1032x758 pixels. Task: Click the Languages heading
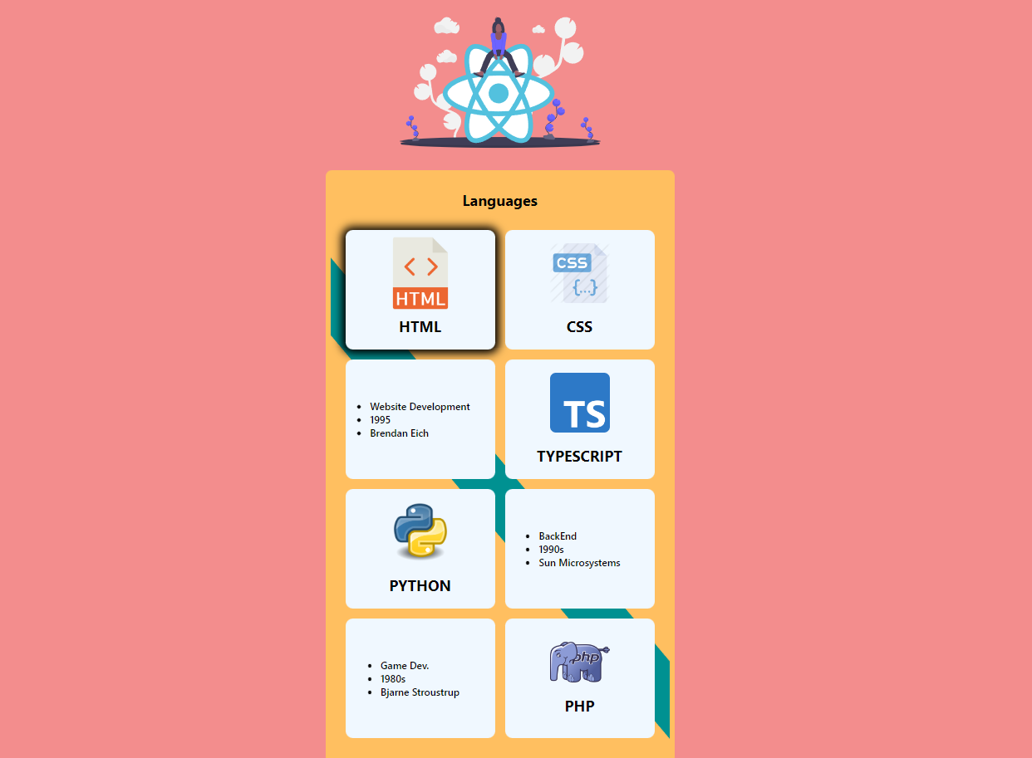click(500, 201)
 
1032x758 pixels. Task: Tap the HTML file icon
click(420, 273)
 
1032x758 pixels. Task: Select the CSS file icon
click(579, 273)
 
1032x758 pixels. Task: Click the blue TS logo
click(580, 403)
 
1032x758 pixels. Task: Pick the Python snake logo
click(420, 531)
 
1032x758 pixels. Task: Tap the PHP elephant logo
click(579, 662)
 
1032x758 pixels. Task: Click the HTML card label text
click(420, 327)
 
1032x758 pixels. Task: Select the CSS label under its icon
click(579, 327)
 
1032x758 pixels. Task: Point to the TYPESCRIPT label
click(579, 457)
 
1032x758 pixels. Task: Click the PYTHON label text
click(420, 586)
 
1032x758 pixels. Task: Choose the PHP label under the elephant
click(579, 707)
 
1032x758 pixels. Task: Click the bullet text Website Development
click(420, 407)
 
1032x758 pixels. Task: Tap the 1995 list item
click(381, 420)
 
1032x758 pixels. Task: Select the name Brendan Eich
click(400, 433)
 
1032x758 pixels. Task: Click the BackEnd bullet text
click(558, 536)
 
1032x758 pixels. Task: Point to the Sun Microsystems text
click(579, 563)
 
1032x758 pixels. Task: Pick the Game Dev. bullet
click(405, 666)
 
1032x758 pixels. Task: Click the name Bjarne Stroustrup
click(420, 692)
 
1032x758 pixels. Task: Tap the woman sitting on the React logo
click(499, 46)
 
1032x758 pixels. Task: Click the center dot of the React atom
click(499, 93)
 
